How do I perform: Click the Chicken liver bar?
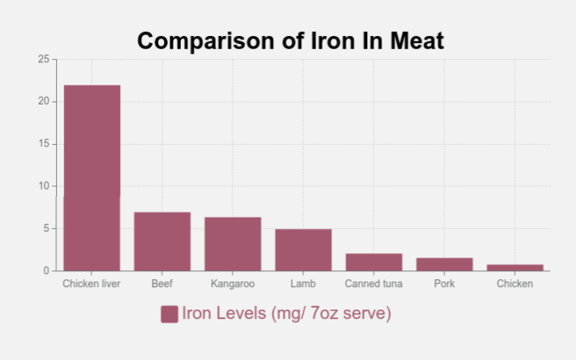[x=92, y=178]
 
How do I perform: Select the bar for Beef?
[x=162, y=242]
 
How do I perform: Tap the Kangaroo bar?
[x=233, y=244]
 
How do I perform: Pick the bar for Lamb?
[x=303, y=250]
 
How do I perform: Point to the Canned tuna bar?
[x=374, y=262]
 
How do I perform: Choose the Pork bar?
[x=445, y=264]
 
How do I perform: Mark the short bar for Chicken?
[x=515, y=267]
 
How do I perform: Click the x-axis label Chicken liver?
[x=92, y=284]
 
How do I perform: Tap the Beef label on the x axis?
[x=162, y=284]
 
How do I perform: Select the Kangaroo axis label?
[x=233, y=284]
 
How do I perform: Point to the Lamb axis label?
[x=303, y=284]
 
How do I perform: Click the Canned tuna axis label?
[x=374, y=284]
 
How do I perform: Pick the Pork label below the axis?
[x=445, y=284]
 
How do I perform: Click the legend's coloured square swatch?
[x=169, y=314]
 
